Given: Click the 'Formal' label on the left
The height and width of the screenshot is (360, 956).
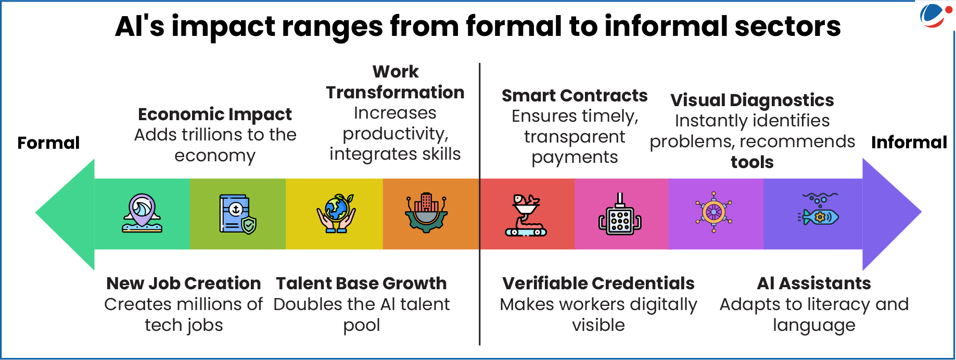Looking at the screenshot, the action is (48, 143).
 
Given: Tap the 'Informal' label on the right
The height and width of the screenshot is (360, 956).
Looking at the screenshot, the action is (909, 142).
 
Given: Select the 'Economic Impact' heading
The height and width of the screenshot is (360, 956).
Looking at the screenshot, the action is (215, 114).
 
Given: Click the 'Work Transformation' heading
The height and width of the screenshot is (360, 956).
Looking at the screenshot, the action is (396, 82).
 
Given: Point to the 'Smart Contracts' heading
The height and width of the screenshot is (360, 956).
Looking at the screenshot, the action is (575, 96).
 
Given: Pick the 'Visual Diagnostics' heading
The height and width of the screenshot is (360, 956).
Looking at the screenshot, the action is (752, 100).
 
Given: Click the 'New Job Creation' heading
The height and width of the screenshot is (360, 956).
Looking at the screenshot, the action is (184, 283).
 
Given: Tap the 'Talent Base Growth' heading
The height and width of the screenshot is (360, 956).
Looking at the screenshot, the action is (361, 283).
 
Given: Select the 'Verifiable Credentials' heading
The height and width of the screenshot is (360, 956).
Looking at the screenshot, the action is (598, 283).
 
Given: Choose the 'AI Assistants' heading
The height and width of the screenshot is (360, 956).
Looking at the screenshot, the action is (814, 283).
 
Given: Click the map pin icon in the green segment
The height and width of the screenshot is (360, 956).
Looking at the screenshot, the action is (142, 213).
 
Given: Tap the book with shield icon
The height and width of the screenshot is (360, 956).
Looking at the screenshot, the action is (238, 214).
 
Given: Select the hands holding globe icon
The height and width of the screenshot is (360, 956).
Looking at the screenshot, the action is (336, 213).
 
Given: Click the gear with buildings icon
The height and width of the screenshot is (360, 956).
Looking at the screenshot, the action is (427, 212).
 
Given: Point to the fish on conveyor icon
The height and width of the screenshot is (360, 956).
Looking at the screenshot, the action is (526, 215).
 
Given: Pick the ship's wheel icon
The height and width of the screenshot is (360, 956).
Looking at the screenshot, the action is (713, 212).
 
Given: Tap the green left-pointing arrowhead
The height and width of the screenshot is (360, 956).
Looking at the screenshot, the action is (65, 214).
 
